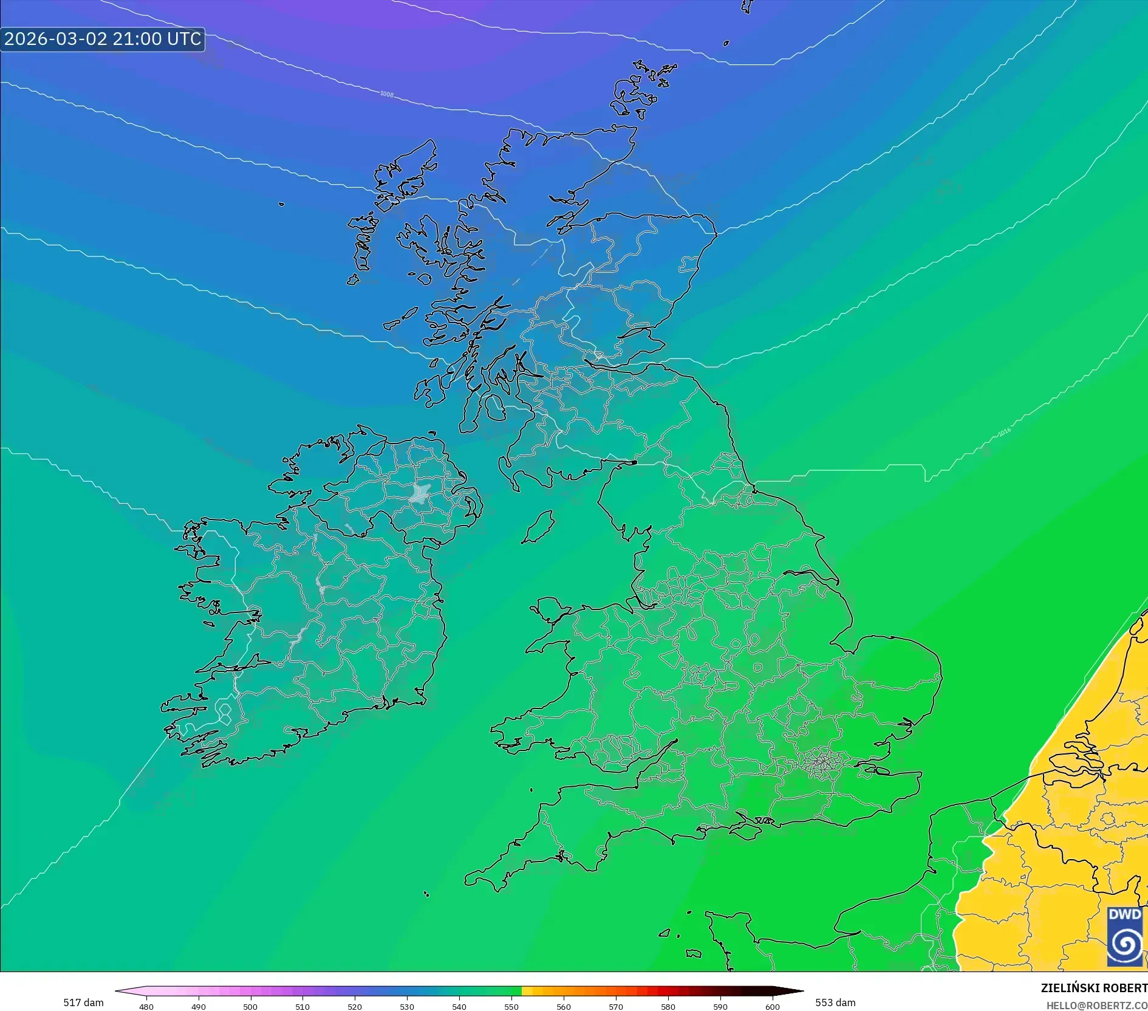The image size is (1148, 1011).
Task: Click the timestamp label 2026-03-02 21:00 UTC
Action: tap(102, 39)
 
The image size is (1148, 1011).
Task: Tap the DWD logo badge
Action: tap(1124, 936)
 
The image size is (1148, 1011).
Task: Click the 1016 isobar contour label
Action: tap(1004, 432)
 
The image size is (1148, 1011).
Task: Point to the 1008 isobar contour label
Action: tap(387, 94)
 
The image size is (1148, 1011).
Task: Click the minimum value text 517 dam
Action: tap(83, 1002)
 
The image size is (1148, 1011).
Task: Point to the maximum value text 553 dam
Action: tap(835, 1002)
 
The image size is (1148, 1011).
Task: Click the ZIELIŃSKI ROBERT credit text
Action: tap(1094, 988)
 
